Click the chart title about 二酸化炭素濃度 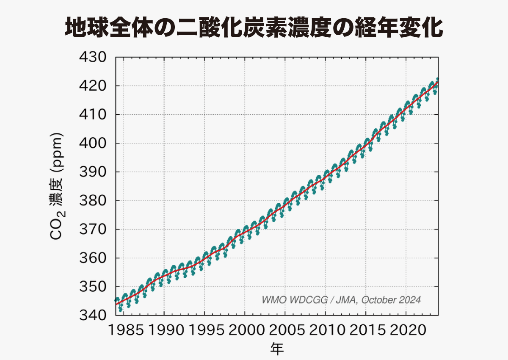click(254, 28)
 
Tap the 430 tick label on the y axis click(93, 57)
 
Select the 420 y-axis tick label click(93, 86)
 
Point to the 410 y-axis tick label click(93, 114)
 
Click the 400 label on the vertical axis click(93, 144)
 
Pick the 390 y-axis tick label click(93, 172)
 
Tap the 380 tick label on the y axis click(93, 201)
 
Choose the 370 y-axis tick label click(93, 229)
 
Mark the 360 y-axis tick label click(93, 258)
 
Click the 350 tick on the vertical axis click(93, 287)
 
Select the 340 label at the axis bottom click(93, 315)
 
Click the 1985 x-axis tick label click(126, 330)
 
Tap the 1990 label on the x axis click(166, 330)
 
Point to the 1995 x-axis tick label click(207, 330)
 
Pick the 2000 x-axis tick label click(246, 330)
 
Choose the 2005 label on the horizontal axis click(287, 330)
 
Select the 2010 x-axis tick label click(327, 330)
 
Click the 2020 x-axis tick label click(408, 330)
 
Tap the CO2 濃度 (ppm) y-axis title click(57, 186)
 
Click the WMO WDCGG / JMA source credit click(341, 300)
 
